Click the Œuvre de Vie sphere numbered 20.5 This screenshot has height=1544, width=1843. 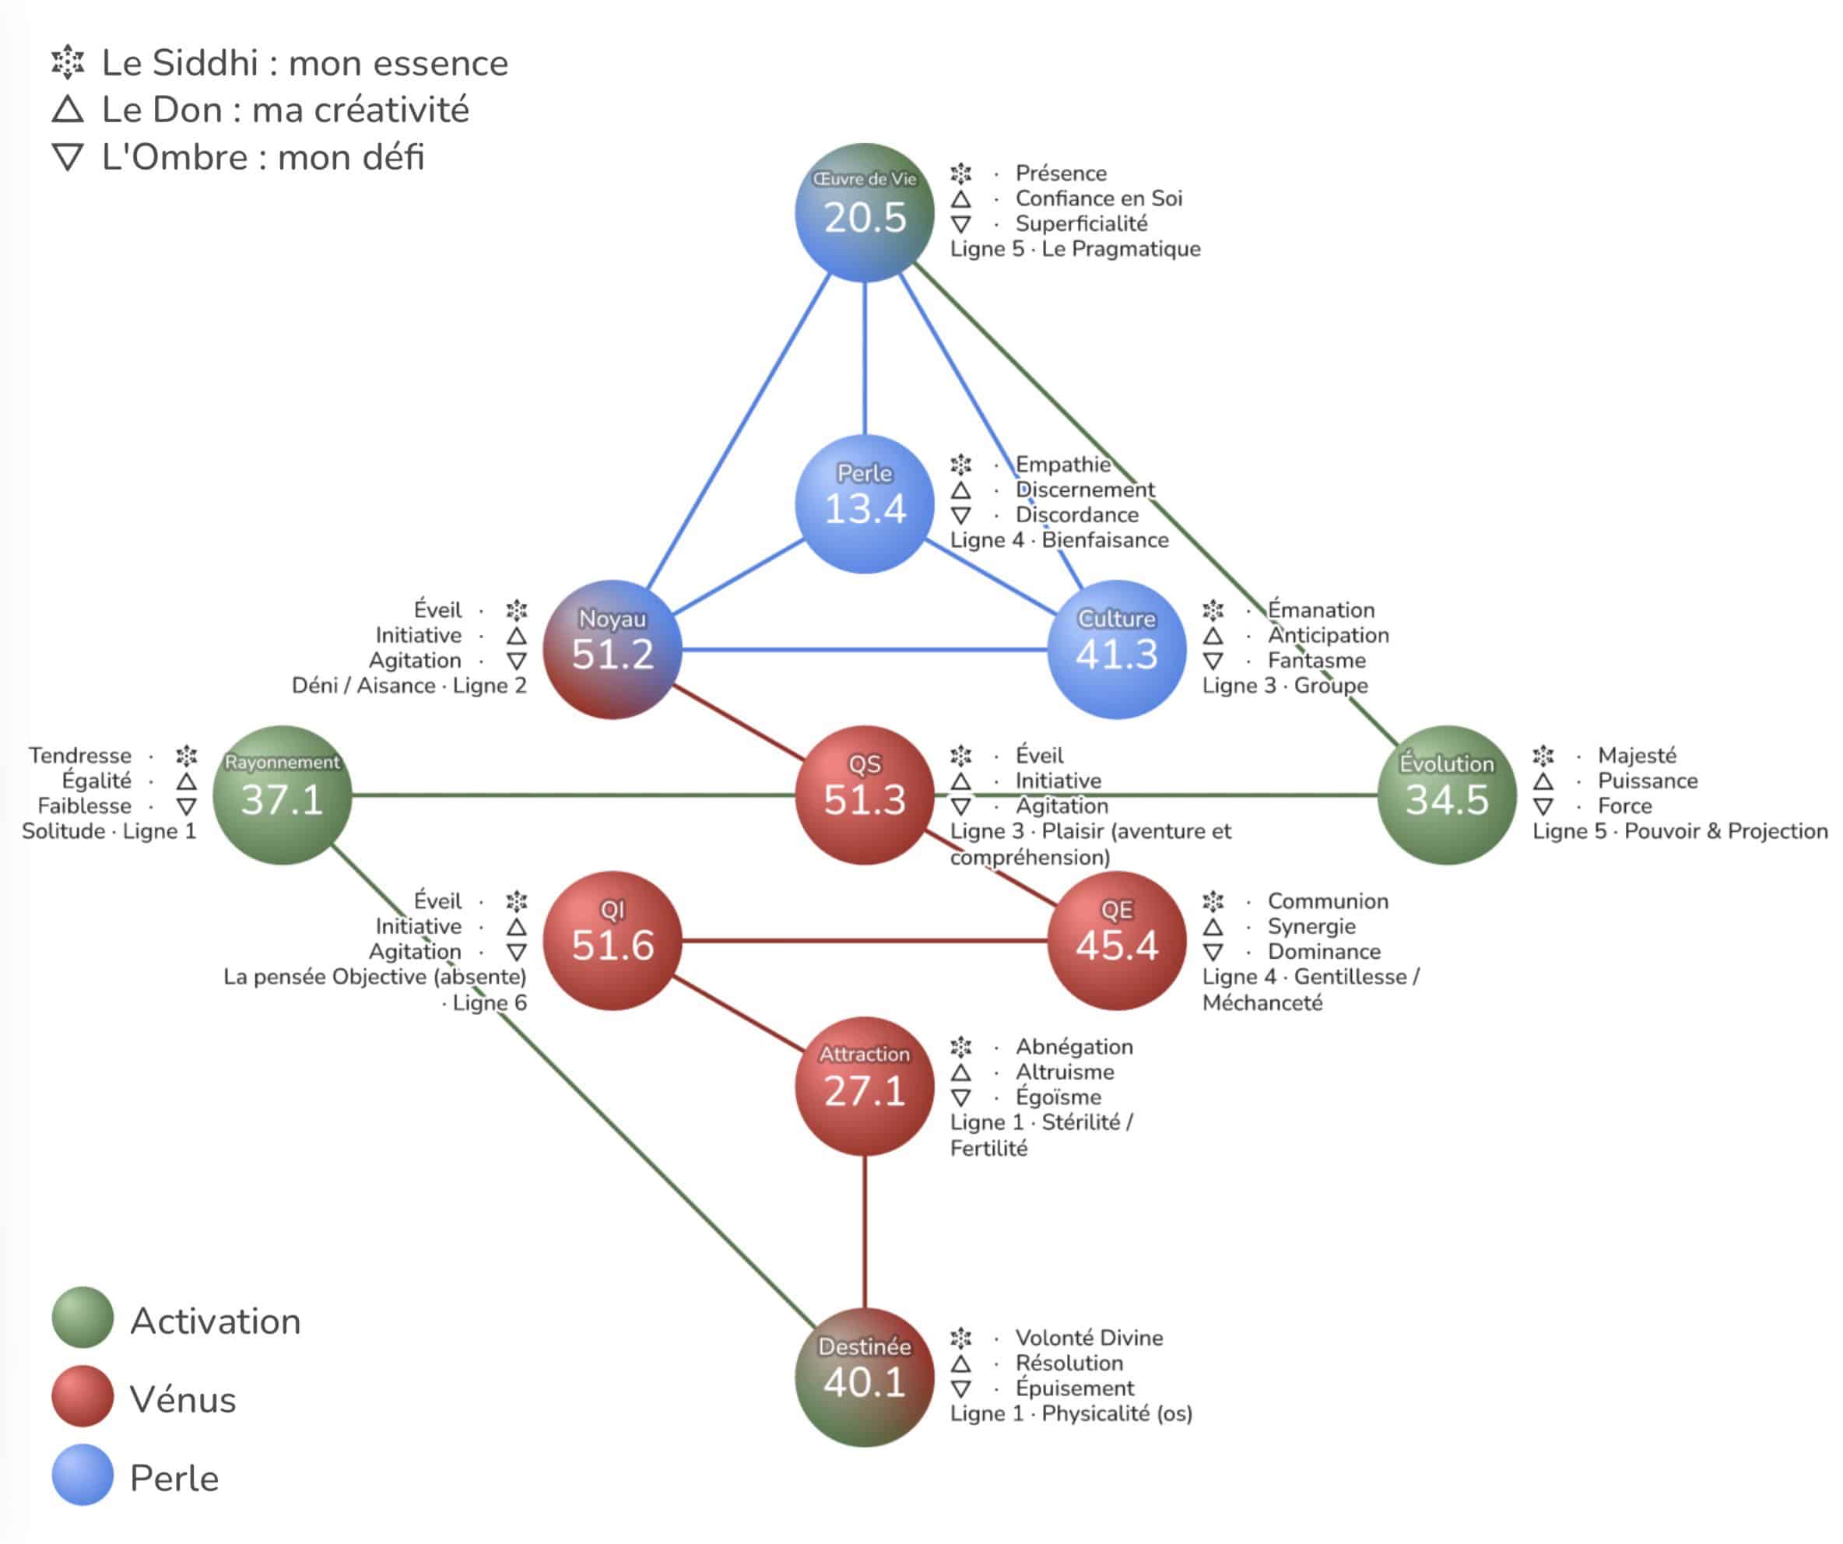click(x=865, y=212)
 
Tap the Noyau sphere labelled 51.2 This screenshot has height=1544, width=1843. click(x=613, y=650)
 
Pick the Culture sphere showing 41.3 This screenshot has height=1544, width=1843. click(x=1116, y=650)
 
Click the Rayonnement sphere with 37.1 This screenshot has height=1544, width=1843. click(x=282, y=795)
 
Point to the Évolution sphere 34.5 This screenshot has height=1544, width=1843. click(x=1446, y=795)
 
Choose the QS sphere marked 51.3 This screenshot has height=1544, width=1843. click(x=865, y=795)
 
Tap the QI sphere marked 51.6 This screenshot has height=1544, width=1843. click(x=613, y=941)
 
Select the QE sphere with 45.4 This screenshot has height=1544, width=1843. click(x=1116, y=941)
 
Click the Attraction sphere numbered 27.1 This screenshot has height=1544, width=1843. click(x=865, y=1086)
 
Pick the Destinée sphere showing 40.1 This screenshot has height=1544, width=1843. click(x=865, y=1377)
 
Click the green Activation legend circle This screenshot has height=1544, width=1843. click(x=82, y=1318)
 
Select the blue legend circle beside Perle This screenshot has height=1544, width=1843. click(x=82, y=1475)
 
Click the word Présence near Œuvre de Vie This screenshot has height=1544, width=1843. click(x=1060, y=173)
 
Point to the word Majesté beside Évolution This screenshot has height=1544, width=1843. click(x=1637, y=756)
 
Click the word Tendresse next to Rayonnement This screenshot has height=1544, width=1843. click(x=80, y=756)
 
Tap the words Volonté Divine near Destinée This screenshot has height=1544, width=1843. click(x=1088, y=1338)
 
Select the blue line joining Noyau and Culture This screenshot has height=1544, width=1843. click(x=865, y=650)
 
